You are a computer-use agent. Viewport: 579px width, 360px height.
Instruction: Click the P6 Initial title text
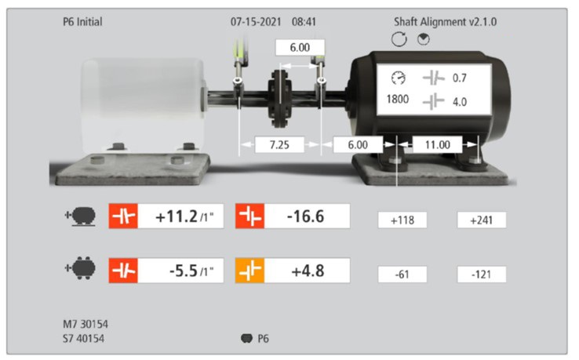(82, 22)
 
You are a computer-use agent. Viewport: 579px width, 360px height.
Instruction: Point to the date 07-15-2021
(256, 22)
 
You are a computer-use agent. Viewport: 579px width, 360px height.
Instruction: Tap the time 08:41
(304, 22)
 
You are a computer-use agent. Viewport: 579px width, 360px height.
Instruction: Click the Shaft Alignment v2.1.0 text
(445, 22)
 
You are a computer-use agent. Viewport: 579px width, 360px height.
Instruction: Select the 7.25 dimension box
(279, 145)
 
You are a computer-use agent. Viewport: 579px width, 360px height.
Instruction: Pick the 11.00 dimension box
(438, 144)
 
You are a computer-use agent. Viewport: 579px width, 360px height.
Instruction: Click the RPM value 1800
(397, 99)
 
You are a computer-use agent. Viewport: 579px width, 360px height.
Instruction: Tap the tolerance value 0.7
(460, 78)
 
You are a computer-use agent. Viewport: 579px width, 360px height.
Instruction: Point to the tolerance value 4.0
(460, 101)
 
